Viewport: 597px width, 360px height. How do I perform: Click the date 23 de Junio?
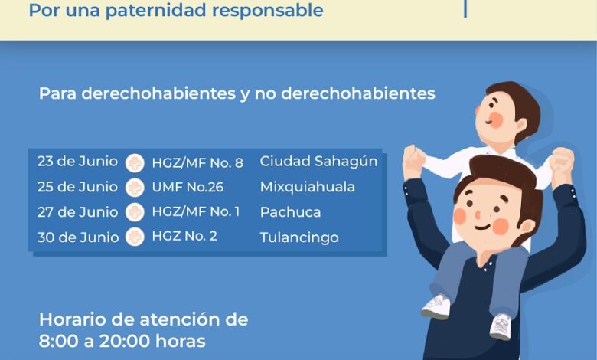pos(77,162)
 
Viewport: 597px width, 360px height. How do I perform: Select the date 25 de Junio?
pos(77,187)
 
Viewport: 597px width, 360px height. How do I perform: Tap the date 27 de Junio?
pos(77,212)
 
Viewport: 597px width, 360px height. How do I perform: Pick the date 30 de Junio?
pos(78,237)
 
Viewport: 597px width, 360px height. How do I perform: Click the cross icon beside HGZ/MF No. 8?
pos(135,163)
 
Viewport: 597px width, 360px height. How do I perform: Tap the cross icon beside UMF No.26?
pos(135,188)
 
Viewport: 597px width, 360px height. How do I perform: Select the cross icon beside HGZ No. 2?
pos(135,237)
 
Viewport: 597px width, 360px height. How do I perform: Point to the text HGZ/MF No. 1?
pos(196,211)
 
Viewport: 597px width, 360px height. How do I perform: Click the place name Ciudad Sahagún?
pos(318,162)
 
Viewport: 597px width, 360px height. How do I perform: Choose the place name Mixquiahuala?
pos(308,187)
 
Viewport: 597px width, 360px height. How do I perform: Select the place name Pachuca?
pos(291,212)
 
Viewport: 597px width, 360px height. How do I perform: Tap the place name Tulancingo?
pos(299,237)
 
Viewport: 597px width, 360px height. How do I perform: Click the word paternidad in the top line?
pos(156,10)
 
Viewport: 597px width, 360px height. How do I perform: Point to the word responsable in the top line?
pos(268,10)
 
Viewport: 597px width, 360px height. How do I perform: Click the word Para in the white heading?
pos(58,93)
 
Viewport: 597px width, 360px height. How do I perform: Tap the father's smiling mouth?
pos(482,227)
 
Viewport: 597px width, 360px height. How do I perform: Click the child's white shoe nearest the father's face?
pos(436,306)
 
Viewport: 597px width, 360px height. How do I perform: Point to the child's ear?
pos(520,125)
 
